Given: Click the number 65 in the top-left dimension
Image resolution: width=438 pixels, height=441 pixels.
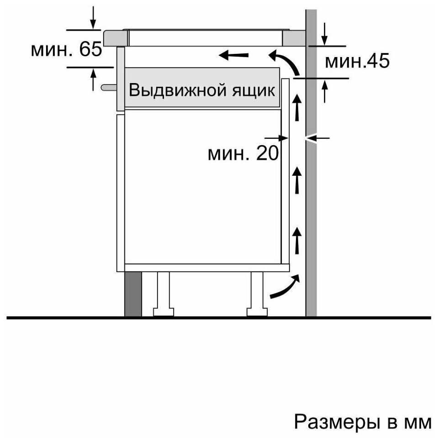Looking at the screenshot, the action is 90,49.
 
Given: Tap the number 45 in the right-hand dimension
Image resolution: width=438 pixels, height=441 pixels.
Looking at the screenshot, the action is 378,61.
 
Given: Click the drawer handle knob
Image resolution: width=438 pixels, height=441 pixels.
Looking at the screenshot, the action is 109,87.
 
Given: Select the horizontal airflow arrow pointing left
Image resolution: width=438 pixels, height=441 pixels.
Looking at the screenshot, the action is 233,55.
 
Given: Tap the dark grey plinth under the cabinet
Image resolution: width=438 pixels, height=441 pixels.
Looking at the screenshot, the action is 133,294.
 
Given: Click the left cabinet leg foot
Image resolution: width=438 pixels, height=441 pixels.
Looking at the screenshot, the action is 164,312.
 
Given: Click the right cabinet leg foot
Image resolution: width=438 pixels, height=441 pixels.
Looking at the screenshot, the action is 257,312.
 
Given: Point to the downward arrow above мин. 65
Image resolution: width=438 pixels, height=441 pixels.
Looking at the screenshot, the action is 93,17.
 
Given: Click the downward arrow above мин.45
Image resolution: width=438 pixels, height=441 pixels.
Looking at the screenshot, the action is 325,34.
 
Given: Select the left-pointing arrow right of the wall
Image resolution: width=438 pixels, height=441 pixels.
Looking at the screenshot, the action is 318,138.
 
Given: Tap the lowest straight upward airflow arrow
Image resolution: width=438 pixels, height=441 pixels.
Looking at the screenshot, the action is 297,241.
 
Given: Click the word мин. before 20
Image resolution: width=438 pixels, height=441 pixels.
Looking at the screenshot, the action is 229,155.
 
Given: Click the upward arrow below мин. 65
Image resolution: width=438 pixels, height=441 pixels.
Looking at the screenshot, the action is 93,80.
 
